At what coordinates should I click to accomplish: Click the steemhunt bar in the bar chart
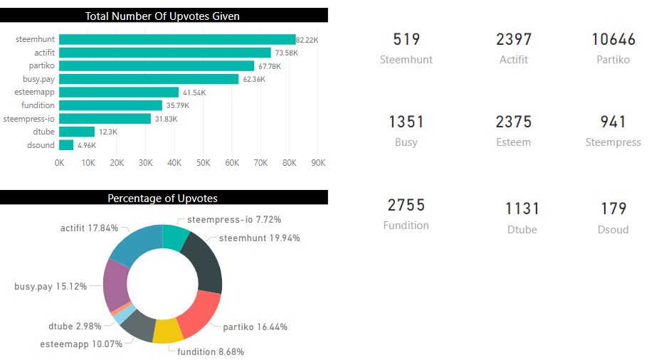tap(177, 39)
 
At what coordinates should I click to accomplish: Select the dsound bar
tap(66, 144)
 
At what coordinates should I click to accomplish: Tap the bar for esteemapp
tap(119, 92)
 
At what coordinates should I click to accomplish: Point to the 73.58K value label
tap(287, 53)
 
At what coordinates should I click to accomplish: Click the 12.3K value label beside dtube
tap(108, 132)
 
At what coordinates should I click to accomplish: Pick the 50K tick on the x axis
tap(203, 163)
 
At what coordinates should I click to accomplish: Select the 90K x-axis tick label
tap(318, 163)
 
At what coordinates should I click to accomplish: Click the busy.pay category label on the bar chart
tap(39, 79)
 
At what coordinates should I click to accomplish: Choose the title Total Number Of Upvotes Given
tap(162, 16)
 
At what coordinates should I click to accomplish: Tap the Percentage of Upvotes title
tap(163, 198)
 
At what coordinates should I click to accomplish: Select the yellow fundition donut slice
tap(168, 331)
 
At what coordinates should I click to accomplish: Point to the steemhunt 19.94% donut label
tap(260, 238)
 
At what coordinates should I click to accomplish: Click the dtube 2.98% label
tap(75, 327)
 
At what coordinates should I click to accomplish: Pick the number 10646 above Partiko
tap(613, 40)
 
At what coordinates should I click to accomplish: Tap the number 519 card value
tap(406, 40)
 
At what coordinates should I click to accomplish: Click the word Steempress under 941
tap(613, 142)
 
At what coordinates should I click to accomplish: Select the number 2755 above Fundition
tap(406, 205)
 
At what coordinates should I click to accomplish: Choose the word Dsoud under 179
tap(613, 229)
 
